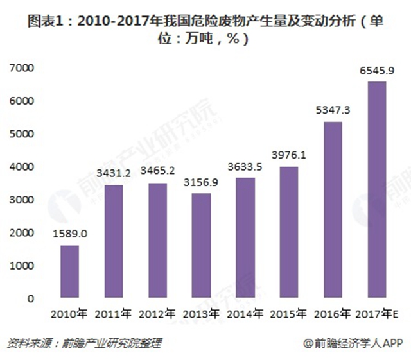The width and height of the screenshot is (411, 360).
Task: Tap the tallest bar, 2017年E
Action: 376,190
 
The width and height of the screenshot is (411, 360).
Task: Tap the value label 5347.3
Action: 333,111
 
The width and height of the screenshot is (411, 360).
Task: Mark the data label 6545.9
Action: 376,71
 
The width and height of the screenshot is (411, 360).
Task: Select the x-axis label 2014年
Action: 245,314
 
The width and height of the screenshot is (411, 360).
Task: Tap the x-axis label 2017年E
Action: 378,314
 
